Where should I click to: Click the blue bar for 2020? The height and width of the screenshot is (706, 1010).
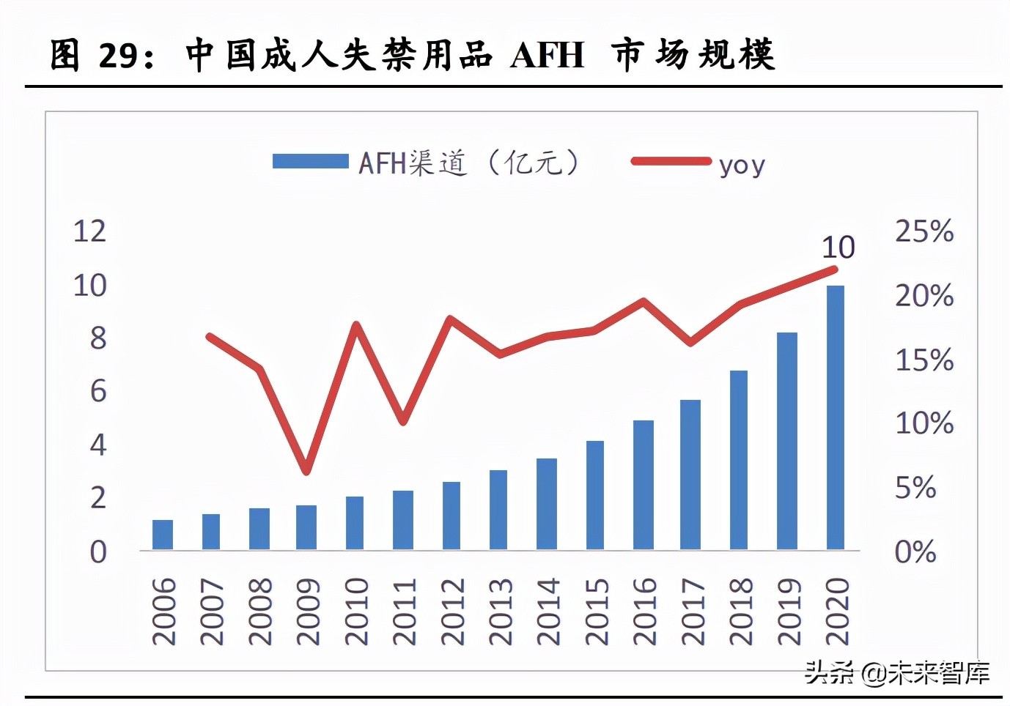835,417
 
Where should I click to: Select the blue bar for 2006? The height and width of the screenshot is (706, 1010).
163,535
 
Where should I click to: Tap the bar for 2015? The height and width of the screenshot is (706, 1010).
594,495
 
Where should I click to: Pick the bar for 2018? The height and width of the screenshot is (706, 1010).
738,460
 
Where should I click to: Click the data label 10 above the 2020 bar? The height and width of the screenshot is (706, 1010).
838,248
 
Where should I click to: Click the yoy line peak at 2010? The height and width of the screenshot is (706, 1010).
355,324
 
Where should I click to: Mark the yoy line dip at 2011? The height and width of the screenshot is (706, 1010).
403,422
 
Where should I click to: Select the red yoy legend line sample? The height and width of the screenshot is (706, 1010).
671,161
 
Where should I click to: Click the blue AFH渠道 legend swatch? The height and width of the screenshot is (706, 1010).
310,161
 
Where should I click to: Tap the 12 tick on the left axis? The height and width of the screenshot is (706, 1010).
89,231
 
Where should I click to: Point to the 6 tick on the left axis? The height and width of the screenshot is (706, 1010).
98,391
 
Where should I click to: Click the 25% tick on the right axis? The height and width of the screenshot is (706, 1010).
924,231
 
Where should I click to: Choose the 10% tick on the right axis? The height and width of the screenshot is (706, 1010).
924,423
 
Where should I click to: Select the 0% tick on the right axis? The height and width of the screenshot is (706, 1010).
915,551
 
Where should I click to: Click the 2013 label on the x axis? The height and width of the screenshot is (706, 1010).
501,612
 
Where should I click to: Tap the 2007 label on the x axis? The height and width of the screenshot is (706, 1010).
211,612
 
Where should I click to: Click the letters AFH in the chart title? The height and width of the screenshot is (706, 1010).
547,55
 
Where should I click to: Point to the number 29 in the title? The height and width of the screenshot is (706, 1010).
117,56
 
